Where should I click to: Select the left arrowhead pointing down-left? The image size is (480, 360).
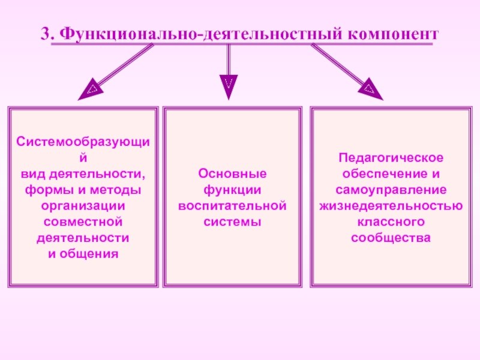click(x=89, y=91)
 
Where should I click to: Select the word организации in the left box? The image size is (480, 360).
click(x=83, y=206)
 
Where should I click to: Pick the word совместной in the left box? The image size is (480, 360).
click(x=83, y=222)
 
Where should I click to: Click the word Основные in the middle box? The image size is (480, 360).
click(x=232, y=174)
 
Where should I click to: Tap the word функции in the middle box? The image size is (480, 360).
click(x=232, y=190)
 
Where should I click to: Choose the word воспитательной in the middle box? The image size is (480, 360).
click(x=232, y=206)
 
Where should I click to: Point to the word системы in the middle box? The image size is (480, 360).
click(x=232, y=222)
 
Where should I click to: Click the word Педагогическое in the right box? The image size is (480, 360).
click(x=391, y=158)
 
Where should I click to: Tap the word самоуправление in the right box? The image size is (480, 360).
click(x=391, y=190)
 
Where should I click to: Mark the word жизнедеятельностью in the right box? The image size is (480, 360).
click(x=391, y=206)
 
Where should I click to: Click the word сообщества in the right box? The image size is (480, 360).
click(x=391, y=238)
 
